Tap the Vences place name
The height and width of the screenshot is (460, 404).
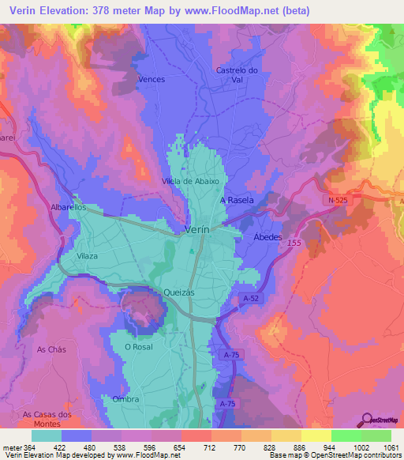click(x=150, y=80)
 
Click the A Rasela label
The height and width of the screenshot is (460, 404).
click(x=238, y=200)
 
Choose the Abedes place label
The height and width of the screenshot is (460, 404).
click(x=267, y=236)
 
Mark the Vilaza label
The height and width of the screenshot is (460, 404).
click(x=88, y=257)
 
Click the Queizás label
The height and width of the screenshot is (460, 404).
click(x=178, y=291)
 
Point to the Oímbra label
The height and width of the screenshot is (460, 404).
click(x=126, y=399)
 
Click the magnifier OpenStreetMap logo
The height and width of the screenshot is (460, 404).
click(x=366, y=420)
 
